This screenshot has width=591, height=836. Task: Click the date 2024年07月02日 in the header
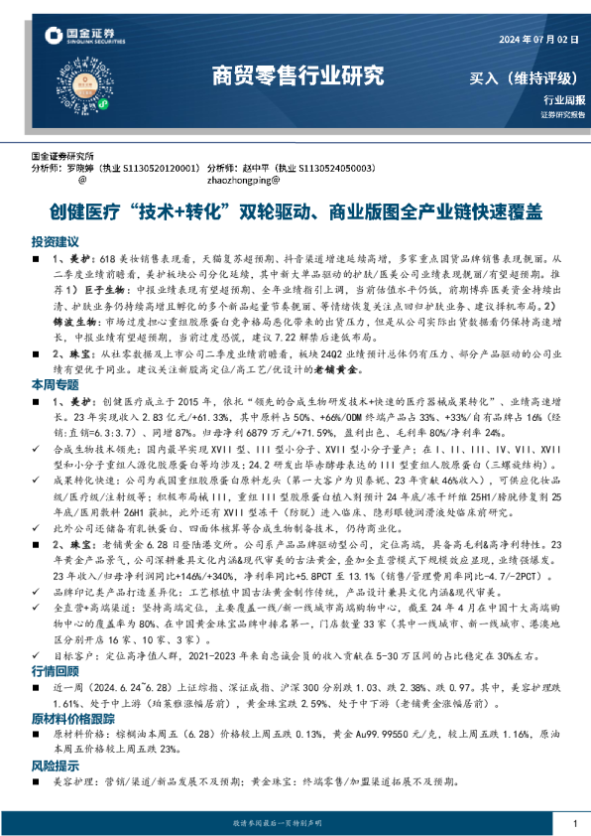click(x=535, y=39)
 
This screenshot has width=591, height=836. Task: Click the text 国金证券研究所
click(x=62, y=157)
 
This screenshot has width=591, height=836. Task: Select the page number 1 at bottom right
click(x=574, y=824)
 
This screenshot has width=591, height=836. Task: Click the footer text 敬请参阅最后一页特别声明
click(x=295, y=824)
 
